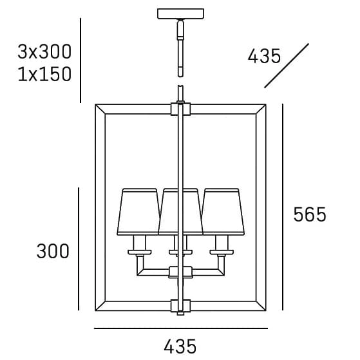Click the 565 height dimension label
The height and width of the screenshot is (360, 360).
click(310, 214)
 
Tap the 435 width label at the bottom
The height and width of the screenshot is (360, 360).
click(180, 346)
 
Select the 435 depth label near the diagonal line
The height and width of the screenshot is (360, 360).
click(265, 56)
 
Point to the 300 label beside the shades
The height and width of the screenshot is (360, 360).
click(52, 251)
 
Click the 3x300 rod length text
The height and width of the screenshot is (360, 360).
click(44, 52)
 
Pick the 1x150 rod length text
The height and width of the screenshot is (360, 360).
click(44, 74)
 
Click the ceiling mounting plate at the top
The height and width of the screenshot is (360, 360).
click(180, 14)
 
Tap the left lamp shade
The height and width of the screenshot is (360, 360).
click(140, 211)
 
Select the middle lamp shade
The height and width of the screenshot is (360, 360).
click(180, 211)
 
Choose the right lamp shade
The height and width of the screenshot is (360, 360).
click(222, 211)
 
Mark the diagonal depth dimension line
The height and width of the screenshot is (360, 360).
click(287, 66)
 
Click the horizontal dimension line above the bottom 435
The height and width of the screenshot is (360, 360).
click(180, 329)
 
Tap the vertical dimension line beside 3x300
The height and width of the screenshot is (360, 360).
click(80, 61)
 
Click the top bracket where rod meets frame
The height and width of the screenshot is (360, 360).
click(180, 109)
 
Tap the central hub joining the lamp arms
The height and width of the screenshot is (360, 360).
click(180, 272)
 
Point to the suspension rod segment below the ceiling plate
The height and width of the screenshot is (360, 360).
click(180, 45)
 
